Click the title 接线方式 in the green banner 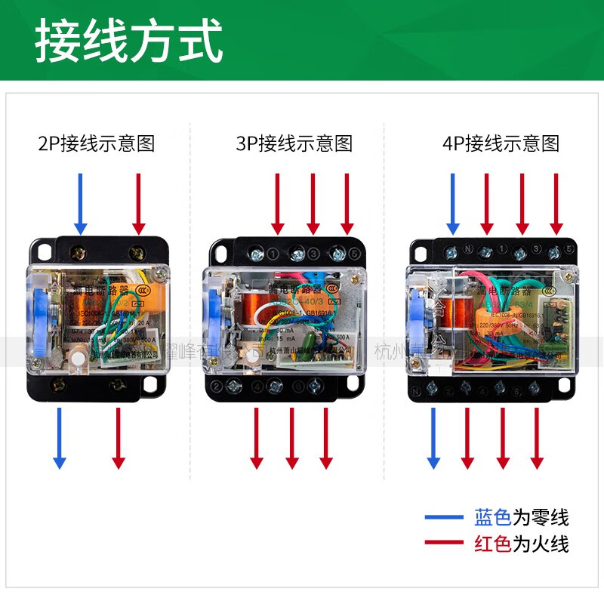coord(128,42)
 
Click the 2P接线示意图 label coord(96,143)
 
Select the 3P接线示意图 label coord(294,143)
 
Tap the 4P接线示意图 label coord(501,143)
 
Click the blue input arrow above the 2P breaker coord(81,202)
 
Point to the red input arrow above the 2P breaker coord(138,202)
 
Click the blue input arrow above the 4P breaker coord(452,202)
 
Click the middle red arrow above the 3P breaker coord(312,202)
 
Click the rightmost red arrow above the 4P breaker coord(556,202)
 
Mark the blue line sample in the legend coord(445,518)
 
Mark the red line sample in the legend coord(445,542)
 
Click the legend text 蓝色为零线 coord(521,518)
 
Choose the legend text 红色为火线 coord(521,543)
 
